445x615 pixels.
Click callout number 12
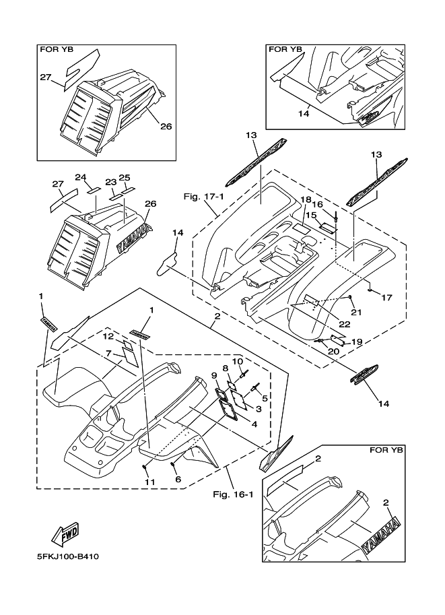(108, 336)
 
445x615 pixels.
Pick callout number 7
(108, 353)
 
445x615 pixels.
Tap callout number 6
(178, 479)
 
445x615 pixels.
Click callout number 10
(238, 361)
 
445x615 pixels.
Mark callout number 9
(214, 375)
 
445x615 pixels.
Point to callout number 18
(306, 200)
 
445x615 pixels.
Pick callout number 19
(357, 342)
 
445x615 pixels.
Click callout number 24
(81, 178)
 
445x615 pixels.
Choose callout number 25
(124, 178)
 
